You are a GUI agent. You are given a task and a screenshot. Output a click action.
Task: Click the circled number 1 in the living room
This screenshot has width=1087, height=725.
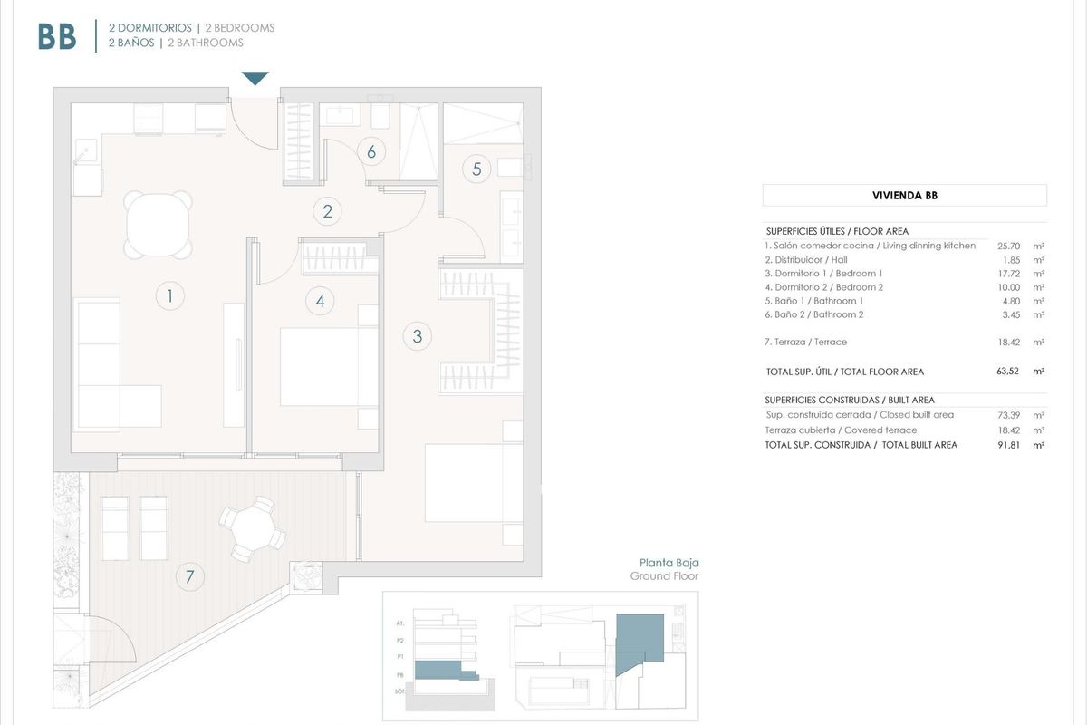coord(169,295)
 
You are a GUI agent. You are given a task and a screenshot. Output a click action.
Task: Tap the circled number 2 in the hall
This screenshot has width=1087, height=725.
coord(327,212)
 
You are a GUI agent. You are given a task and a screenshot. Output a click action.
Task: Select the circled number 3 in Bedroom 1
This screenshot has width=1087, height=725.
coord(417,336)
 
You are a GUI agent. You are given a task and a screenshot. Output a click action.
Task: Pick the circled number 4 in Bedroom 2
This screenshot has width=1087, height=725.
coord(320,301)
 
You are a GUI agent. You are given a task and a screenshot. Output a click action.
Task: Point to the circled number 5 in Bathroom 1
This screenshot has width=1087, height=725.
coord(476,168)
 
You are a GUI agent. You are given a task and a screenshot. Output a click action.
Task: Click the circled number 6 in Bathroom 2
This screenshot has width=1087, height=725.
coord(370,151)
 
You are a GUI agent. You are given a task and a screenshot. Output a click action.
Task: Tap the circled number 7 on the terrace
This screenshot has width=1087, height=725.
coord(189,575)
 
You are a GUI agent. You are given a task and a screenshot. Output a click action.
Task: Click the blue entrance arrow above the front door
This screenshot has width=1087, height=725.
coord(255,79)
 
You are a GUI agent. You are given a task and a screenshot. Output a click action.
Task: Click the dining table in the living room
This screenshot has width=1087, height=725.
coord(159,223)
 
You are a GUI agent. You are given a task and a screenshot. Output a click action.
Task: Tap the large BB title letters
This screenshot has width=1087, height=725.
coord(57,36)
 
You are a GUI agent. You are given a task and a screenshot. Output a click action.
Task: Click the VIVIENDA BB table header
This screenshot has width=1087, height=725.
coord(904,195)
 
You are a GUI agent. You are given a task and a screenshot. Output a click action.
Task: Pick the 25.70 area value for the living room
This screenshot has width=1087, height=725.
coord(1009,246)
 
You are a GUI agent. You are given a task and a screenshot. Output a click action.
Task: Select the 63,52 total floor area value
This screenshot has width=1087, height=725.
coord(1007,372)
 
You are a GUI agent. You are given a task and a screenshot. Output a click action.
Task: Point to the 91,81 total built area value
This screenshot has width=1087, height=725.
coord(1007,445)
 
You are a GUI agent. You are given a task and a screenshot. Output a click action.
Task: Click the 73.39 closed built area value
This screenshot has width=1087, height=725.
coord(1008,414)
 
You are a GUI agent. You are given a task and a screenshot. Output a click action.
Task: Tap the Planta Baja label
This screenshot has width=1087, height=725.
coord(669,562)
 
